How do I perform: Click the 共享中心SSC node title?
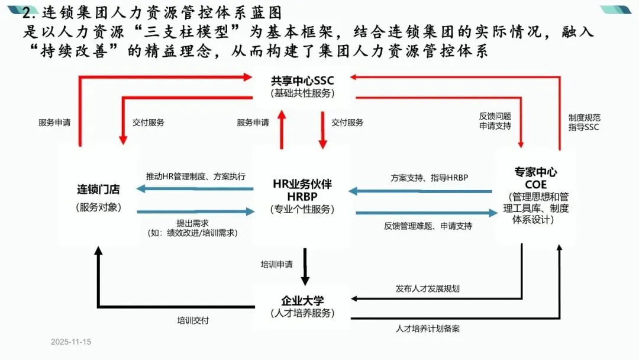302,81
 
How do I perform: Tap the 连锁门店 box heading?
98,190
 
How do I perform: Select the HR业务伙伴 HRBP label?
302,190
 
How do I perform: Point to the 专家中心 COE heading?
535,178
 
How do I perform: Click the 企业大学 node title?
302,300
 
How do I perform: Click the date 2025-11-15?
71,342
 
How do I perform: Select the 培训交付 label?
193,320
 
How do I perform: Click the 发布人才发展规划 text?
427,289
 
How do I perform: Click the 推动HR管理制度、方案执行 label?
196,176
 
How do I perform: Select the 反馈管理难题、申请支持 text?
428,226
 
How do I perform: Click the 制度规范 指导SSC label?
584,122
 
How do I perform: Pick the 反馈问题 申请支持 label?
495,121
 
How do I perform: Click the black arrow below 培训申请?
305,268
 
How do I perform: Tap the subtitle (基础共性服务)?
302,94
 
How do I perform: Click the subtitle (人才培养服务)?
302,313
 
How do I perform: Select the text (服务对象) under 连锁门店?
98,207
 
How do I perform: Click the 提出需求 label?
193,223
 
